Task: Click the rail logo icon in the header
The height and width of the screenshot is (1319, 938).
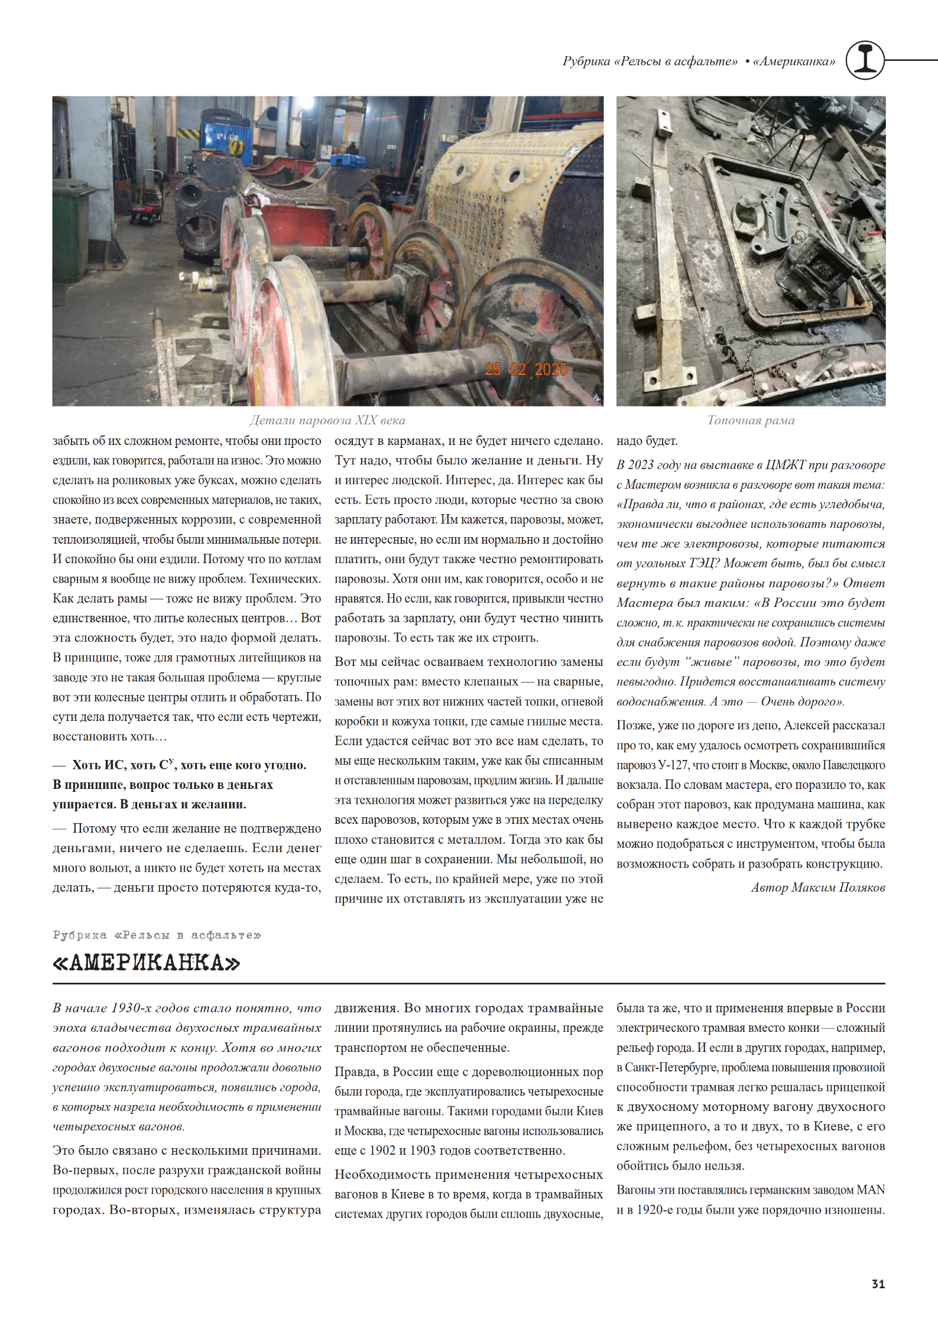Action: click(x=865, y=60)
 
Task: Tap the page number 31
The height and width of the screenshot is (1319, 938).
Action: click(x=878, y=1284)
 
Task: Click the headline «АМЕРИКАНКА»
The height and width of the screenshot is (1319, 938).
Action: click(x=146, y=963)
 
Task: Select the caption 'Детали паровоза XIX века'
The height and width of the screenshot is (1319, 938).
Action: click(x=327, y=420)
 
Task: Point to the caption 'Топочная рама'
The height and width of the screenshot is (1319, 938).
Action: click(x=751, y=420)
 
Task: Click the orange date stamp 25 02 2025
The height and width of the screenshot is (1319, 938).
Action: click(x=525, y=369)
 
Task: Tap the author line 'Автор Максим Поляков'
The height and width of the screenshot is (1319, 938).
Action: click(x=818, y=887)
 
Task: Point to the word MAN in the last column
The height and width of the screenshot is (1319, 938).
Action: click(x=871, y=1190)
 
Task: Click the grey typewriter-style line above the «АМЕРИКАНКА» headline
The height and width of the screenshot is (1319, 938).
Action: click(x=157, y=935)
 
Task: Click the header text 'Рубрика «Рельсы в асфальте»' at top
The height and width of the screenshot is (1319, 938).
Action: click(x=650, y=61)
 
